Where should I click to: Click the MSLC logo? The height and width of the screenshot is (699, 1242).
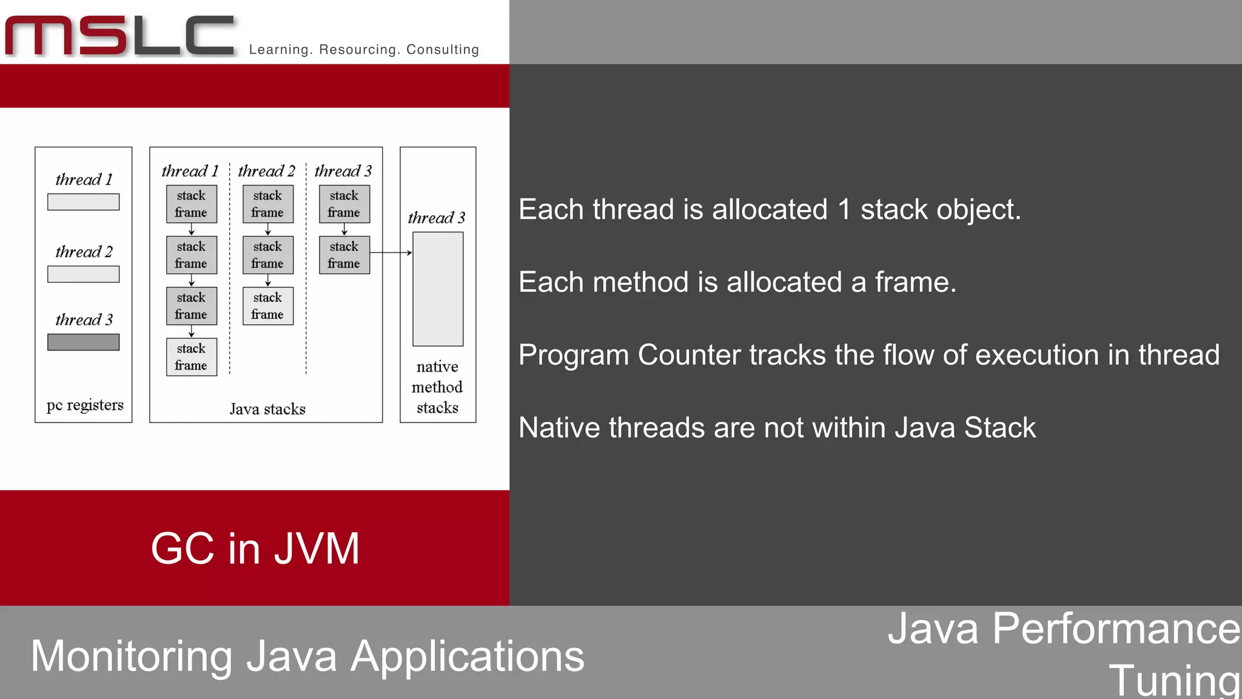pos(120,36)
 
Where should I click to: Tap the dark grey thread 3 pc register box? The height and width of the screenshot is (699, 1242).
pos(84,342)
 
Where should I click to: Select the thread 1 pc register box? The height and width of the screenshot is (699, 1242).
pos(84,202)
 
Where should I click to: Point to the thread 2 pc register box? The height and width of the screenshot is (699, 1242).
pos(84,274)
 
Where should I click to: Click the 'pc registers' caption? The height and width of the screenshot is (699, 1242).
pos(85,405)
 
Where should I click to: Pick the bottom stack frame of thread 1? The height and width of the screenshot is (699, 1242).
pos(192,357)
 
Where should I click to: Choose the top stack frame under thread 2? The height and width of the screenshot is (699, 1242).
pos(268,204)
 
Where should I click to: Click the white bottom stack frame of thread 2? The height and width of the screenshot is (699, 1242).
pos(268,306)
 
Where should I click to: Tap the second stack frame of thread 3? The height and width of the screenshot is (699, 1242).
pos(344,255)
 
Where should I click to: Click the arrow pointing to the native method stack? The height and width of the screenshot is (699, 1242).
pos(391,252)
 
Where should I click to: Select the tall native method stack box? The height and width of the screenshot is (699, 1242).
pos(438,289)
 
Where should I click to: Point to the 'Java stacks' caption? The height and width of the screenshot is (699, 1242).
pos(267,409)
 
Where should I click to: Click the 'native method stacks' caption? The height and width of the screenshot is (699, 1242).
pos(437,387)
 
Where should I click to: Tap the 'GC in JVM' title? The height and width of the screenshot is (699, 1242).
pos(255,549)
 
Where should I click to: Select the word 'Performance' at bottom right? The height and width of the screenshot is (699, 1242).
pos(1116,629)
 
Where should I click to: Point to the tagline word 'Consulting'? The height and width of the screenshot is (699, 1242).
pos(443,50)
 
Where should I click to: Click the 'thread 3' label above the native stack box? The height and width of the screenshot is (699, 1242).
pos(437,218)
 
